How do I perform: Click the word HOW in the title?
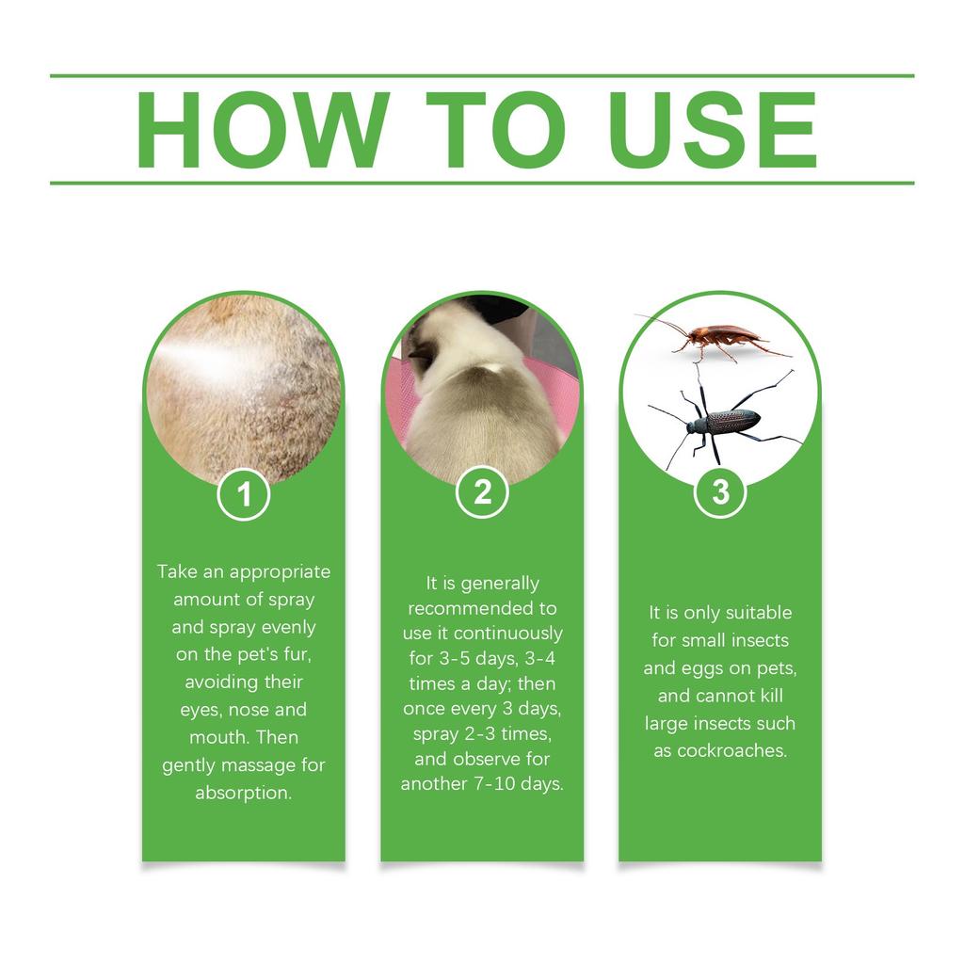(x=263, y=130)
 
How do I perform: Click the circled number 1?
(x=244, y=494)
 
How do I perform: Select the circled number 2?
(x=482, y=492)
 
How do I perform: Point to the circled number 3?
(x=720, y=492)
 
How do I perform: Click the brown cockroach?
(x=719, y=338)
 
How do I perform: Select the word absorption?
(x=244, y=793)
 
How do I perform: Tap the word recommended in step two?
(x=482, y=608)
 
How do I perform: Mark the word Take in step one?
(x=174, y=571)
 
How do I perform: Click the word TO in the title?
(x=496, y=130)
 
